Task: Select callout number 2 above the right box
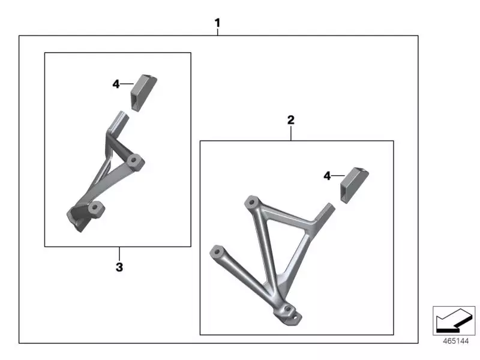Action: pos(291,120)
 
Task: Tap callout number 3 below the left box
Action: pos(119,267)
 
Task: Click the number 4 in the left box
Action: pos(116,84)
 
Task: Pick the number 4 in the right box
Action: pos(327,176)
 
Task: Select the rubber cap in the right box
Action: pos(354,185)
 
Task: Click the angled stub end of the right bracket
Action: pos(325,211)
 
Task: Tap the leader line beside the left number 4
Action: pos(127,84)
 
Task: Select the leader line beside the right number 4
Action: pos(337,176)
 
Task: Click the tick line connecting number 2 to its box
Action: pos(291,133)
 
